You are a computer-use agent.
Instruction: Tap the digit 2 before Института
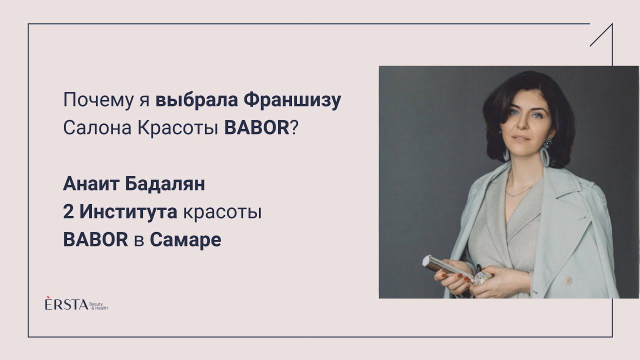pyautogui.click(x=68, y=212)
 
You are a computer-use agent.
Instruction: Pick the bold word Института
pyautogui.click(x=128, y=212)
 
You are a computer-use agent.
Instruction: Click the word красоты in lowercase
pyautogui.click(x=222, y=213)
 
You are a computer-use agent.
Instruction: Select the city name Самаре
pyautogui.click(x=185, y=240)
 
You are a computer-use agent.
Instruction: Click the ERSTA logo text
pyautogui.click(x=66, y=305)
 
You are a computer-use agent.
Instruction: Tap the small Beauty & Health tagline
pyautogui.click(x=98, y=306)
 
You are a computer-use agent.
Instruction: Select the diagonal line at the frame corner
pyautogui.click(x=601, y=35)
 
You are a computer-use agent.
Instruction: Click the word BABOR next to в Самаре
pyautogui.click(x=95, y=240)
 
